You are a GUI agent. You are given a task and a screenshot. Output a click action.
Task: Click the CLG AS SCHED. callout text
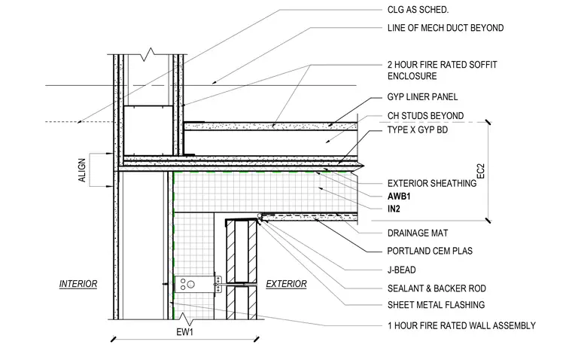tap(418, 10)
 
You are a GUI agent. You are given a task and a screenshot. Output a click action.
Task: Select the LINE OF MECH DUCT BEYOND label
tap(446, 28)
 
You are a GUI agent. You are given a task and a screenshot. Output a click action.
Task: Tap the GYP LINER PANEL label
tap(422, 96)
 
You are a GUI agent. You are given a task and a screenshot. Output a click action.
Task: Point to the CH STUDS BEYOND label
tap(425, 116)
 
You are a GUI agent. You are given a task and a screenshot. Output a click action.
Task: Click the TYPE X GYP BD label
tap(417, 130)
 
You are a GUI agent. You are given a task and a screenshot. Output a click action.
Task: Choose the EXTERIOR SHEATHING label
tap(432, 183)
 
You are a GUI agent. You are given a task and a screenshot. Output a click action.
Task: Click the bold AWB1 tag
tap(399, 197)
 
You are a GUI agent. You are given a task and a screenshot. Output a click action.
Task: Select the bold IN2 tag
tap(394, 209)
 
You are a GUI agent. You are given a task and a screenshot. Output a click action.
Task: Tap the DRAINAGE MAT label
tap(418, 233)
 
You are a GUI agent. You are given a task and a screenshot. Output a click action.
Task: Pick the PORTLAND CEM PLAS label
tap(430, 251)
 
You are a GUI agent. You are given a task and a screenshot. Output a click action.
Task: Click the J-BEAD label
tap(402, 270)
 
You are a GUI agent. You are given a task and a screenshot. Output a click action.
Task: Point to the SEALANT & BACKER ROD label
tap(437, 288)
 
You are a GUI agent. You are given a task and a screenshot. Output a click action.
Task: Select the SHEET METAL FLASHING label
tap(436, 305)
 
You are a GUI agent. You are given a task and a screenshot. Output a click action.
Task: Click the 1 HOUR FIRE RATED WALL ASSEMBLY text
tap(461, 325)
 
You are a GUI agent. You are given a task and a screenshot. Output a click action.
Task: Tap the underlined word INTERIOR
tap(78, 284)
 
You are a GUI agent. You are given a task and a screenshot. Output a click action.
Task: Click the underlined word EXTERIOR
tap(286, 284)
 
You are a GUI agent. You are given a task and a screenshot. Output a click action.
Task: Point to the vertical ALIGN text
tap(82, 170)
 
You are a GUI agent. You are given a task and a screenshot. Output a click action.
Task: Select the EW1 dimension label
tap(184, 332)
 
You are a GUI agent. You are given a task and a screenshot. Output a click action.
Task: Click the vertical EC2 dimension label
tap(481, 171)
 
